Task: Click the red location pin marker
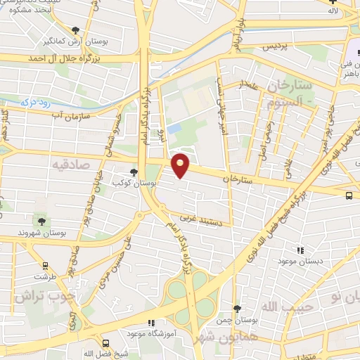(x=181, y=165)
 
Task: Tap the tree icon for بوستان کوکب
(x=134, y=172)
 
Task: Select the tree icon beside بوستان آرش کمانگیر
(x=76, y=30)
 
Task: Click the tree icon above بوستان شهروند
(x=42, y=221)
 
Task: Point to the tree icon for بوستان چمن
(x=237, y=308)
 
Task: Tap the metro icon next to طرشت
(x=46, y=266)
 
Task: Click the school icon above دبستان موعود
(x=301, y=250)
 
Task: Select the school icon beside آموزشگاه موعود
(x=150, y=324)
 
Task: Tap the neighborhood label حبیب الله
(x=279, y=308)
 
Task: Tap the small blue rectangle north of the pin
(x=174, y=129)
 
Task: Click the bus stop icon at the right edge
(x=350, y=196)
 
